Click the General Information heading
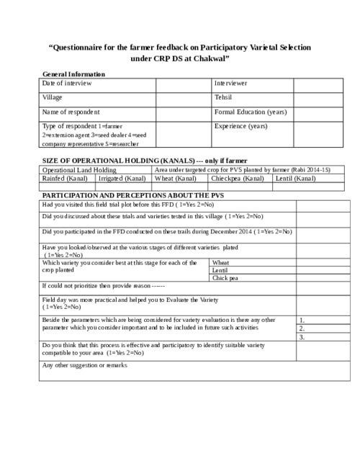74,74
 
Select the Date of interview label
67,84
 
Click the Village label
53,97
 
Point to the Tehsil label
223,97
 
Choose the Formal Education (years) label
251,112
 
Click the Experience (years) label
241,126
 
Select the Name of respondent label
71,112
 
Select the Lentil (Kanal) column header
295,178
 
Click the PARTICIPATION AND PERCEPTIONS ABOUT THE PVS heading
125,195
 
